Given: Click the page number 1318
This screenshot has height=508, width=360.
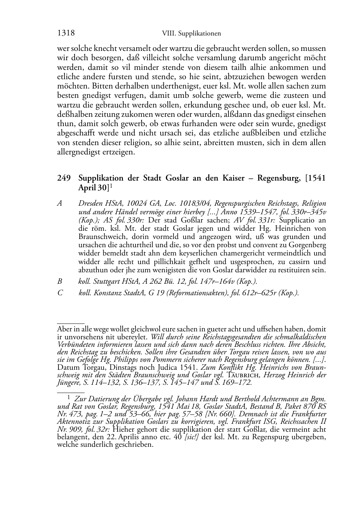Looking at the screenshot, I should click(x=66, y=33).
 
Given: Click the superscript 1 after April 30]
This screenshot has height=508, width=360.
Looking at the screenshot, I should click(x=111, y=186).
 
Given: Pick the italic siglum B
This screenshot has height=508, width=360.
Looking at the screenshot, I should click(x=60, y=282).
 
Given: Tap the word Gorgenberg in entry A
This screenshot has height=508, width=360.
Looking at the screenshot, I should click(x=308, y=245).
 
